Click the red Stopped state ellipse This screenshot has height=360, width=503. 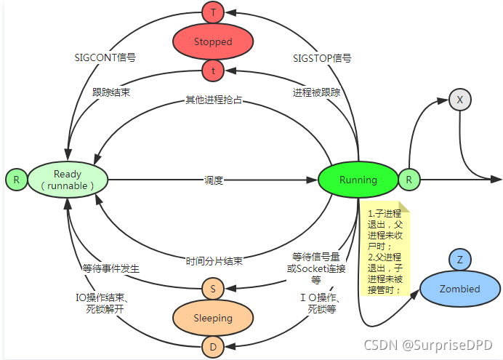[213, 41]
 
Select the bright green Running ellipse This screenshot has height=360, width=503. [358, 180]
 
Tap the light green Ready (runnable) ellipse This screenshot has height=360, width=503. [68, 180]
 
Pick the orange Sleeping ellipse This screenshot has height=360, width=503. [212, 318]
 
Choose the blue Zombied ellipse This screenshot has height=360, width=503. [459, 289]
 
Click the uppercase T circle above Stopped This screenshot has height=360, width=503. [213, 12]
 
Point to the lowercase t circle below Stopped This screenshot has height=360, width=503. [213, 71]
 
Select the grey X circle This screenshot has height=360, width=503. [459, 100]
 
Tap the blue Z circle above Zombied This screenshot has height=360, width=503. [459, 259]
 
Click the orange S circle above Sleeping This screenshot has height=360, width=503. [213, 288]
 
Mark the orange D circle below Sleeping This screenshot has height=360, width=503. [213, 348]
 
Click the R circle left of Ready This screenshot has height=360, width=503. [16, 179]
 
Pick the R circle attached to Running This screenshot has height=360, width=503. [409, 179]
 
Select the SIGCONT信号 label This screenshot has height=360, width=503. [105, 57]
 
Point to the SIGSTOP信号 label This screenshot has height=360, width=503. [322, 57]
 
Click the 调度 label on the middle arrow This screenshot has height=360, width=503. [213, 180]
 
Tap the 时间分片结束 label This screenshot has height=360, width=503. [213, 260]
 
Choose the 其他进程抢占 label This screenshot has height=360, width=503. [213, 100]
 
